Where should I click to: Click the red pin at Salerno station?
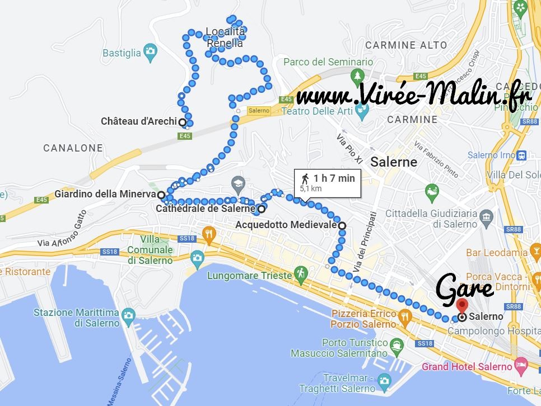(462, 305)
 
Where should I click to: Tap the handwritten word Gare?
(464, 289)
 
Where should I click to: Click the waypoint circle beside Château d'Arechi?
(182, 121)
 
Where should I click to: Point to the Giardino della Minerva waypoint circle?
(161, 195)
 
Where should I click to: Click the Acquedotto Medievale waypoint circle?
(342, 225)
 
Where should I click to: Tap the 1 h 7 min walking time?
(334, 178)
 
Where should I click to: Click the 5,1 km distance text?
(311, 189)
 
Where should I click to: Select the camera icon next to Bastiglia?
(150, 52)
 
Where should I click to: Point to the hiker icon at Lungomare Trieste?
(301, 273)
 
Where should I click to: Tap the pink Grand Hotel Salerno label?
(467, 367)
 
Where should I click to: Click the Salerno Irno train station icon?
(522, 155)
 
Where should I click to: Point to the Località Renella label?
(225, 37)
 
